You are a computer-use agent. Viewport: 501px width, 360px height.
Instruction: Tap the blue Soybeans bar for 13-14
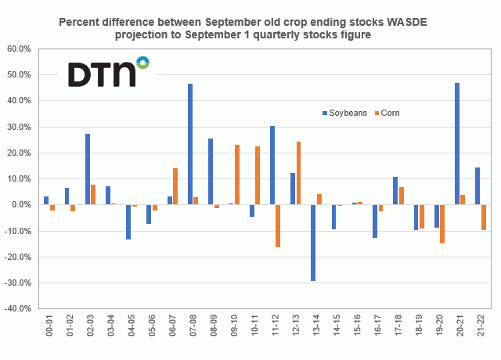313,243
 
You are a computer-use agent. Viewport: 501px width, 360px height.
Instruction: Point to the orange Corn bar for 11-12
278,226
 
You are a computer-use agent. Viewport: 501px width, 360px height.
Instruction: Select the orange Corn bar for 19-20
442,224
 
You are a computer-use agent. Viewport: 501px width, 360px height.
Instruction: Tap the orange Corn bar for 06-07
175,186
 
